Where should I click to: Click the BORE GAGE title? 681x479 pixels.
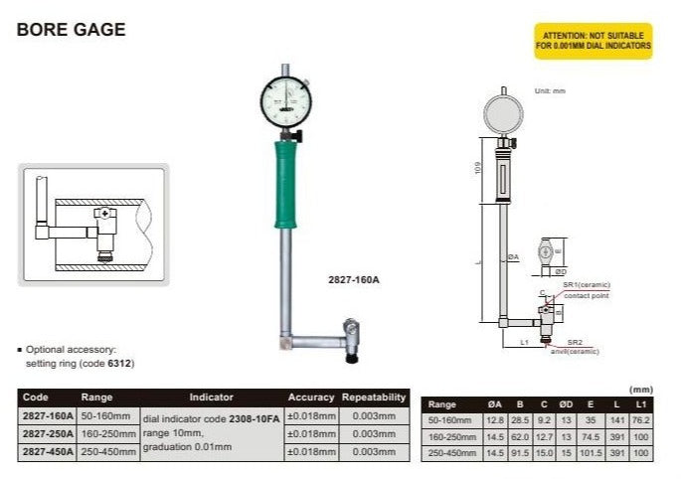pos(72,30)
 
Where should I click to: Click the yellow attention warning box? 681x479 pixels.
pos(594,41)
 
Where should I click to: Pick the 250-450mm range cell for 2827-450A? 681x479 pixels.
pos(109,452)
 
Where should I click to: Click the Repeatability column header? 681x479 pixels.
pos(375,397)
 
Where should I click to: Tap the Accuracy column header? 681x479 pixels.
pos(311,397)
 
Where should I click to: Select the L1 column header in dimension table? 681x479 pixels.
pos(641,403)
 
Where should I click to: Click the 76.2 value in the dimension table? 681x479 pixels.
pos(641,419)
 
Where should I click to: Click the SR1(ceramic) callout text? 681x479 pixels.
pos(586,285)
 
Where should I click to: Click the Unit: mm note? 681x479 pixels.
pos(549,91)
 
